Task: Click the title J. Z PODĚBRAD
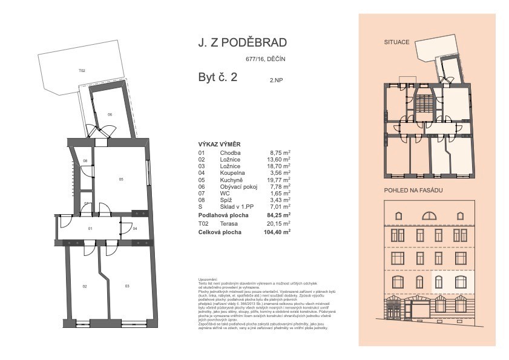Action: (x=242, y=43)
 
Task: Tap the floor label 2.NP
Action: (x=277, y=79)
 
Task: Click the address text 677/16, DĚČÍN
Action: (x=265, y=59)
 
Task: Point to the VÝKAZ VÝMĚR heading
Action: (x=220, y=145)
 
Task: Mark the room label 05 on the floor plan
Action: (x=121, y=179)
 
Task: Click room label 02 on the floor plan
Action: (x=85, y=286)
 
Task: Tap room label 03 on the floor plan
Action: (x=127, y=286)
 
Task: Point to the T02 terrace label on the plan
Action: (x=82, y=71)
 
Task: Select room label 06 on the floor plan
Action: (x=110, y=114)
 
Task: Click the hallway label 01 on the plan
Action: (x=90, y=229)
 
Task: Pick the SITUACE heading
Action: (x=397, y=42)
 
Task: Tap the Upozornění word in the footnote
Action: (x=208, y=279)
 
